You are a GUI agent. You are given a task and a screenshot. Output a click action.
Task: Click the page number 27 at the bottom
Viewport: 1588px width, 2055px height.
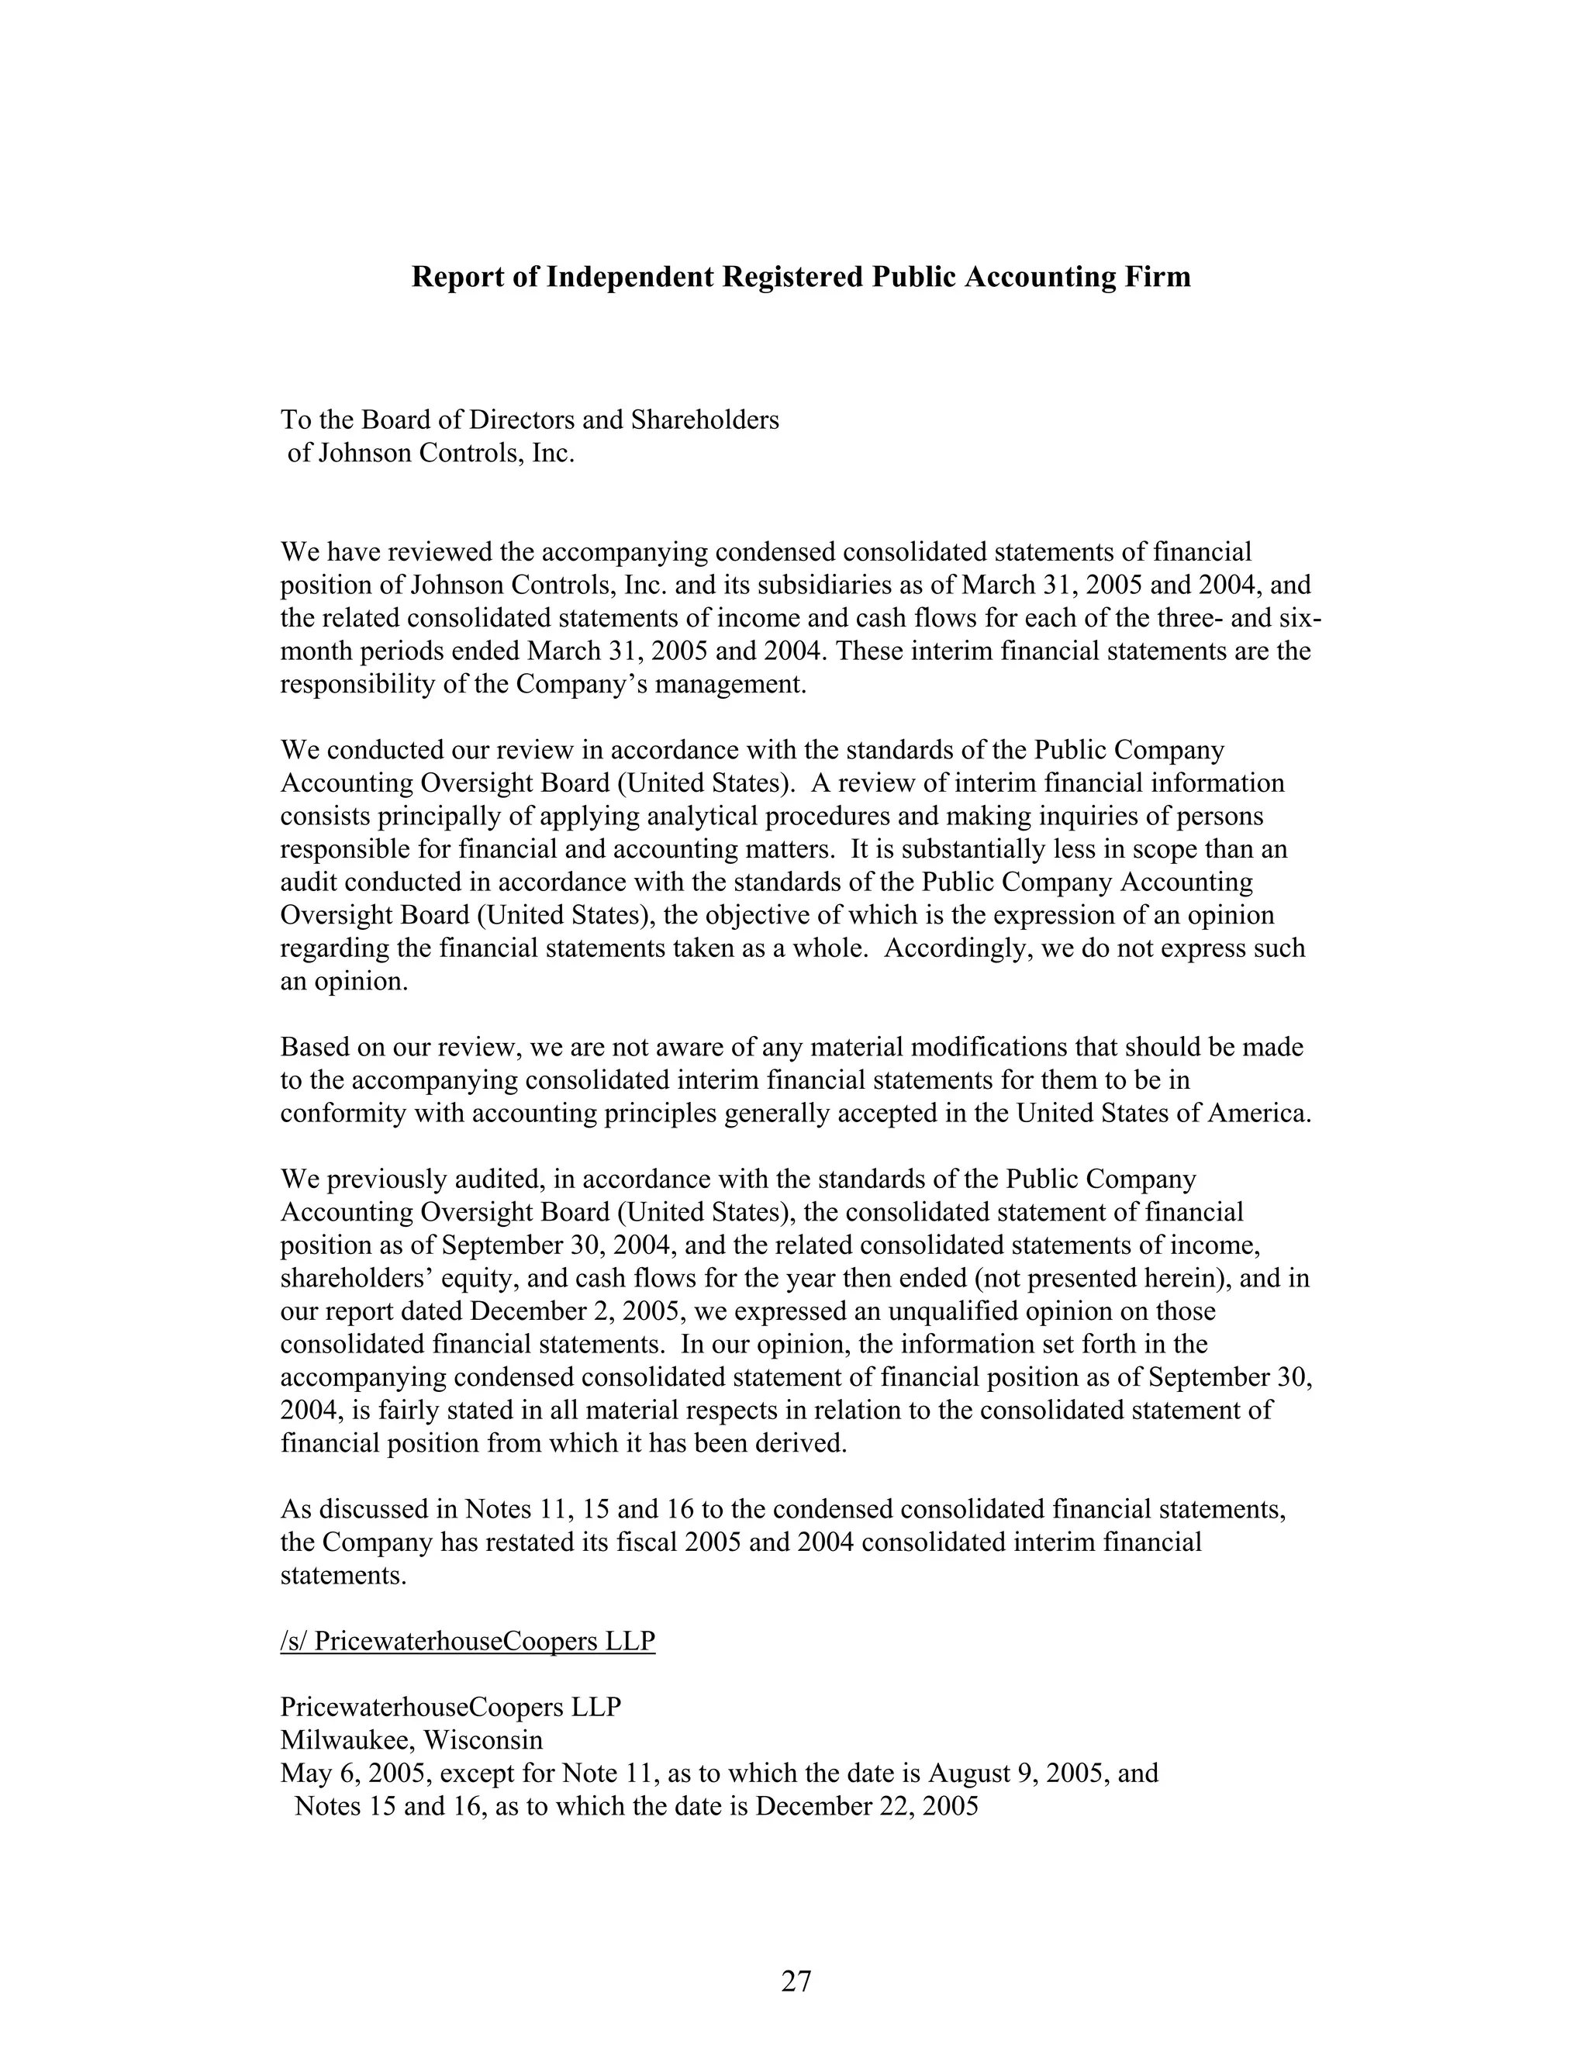tap(795, 1981)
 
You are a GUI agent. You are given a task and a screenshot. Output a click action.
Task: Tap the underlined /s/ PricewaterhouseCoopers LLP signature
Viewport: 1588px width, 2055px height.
tap(468, 1641)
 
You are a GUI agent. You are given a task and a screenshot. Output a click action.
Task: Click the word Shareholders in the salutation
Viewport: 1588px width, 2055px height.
tap(705, 420)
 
